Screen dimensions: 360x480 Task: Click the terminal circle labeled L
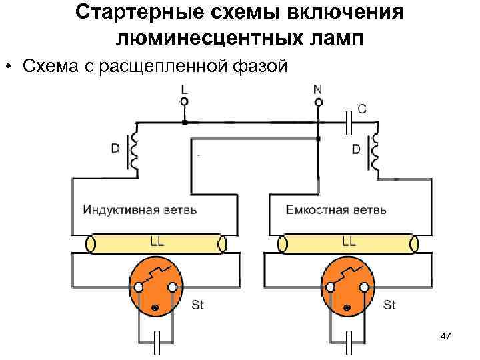coord(185,101)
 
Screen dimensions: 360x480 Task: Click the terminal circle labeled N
coord(319,102)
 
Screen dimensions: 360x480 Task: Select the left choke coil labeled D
coord(136,151)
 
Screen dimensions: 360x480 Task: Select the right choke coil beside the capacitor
coord(375,152)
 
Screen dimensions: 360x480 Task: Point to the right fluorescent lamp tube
coord(349,244)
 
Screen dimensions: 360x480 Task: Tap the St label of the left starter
coord(198,305)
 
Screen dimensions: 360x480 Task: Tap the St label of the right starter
coord(390,305)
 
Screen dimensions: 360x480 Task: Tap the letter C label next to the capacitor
coord(362,109)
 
